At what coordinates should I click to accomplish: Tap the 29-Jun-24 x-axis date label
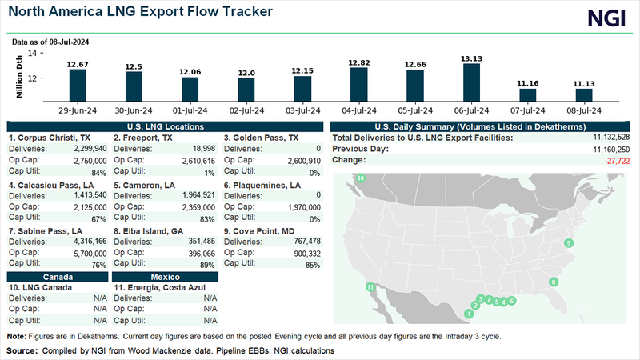[x=77, y=110]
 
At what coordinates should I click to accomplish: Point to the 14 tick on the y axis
[x=32, y=53]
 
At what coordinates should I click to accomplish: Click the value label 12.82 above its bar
[x=359, y=62]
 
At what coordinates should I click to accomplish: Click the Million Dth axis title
[x=18, y=76]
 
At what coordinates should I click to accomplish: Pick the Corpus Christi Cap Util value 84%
[x=97, y=171]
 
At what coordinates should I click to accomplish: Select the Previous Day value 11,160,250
[x=607, y=150]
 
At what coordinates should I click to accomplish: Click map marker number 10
[x=361, y=178]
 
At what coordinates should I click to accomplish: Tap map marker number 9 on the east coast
[x=569, y=242]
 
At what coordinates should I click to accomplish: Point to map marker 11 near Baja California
[x=370, y=286]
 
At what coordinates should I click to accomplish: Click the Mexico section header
[x=164, y=276]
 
